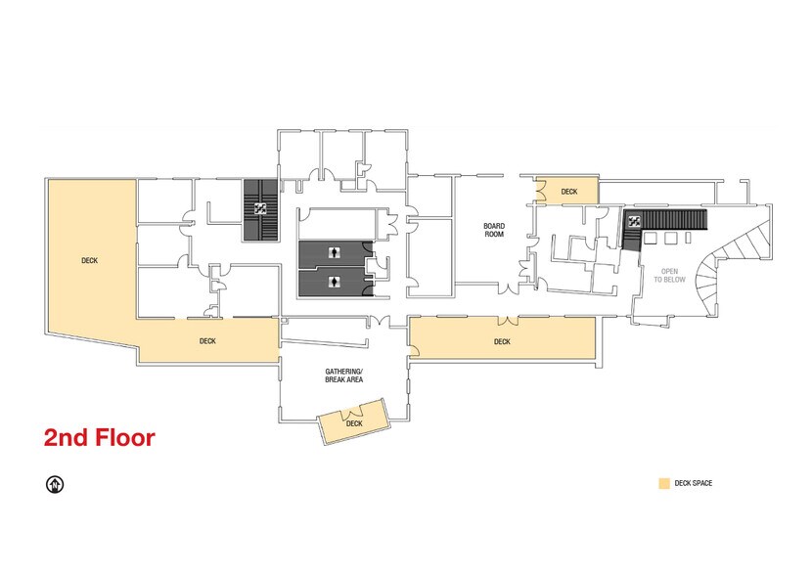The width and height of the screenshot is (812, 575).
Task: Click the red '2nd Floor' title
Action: pos(99,438)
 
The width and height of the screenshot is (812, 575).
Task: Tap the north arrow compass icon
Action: pos(55,483)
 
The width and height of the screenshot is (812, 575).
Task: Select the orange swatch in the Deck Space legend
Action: pos(663,483)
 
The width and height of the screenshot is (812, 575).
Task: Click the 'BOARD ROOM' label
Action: pos(494,230)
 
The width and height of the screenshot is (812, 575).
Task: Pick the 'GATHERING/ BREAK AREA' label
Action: pos(344,376)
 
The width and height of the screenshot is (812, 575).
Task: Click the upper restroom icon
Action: pos(336,253)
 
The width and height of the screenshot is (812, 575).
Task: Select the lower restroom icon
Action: pos(336,282)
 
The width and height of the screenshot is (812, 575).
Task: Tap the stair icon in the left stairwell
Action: pos(260,208)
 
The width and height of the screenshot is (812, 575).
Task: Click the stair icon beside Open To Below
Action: pos(633,220)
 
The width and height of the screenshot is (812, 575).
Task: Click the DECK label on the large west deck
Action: pos(90,261)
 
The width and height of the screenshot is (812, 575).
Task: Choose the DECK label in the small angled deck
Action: pos(354,423)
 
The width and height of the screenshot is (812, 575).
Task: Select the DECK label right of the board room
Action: pos(569,192)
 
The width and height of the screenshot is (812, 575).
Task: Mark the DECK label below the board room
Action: pos(502,341)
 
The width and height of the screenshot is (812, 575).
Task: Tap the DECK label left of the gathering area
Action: pos(207,341)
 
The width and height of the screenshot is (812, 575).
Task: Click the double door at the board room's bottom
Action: pos(507,289)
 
